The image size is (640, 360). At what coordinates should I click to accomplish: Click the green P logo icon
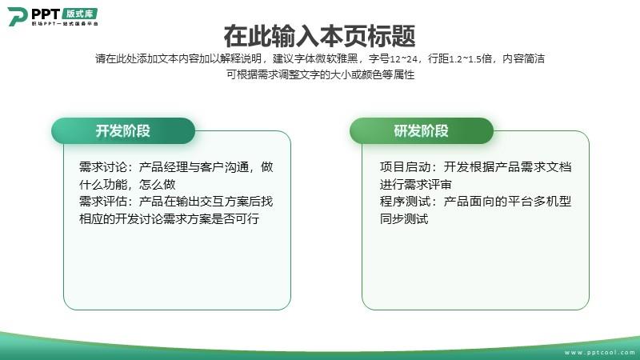(17, 17)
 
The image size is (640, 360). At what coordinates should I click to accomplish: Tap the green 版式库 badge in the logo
(80, 14)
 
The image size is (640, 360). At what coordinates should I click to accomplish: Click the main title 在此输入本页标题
(319, 36)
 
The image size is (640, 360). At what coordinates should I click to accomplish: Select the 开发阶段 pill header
(123, 131)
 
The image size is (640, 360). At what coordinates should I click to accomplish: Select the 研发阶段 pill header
(422, 131)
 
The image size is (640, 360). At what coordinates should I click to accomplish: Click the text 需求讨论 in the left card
(103, 167)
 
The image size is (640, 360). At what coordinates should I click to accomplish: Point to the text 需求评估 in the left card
(103, 202)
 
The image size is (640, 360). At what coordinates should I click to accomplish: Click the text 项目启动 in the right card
(404, 167)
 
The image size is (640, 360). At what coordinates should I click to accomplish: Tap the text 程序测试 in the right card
(404, 202)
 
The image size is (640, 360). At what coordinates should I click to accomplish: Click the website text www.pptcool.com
(599, 352)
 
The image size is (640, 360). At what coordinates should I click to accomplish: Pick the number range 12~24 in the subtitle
(404, 59)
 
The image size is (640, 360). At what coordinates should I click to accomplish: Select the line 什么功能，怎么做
(127, 185)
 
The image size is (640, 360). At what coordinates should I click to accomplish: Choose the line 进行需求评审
(415, 185)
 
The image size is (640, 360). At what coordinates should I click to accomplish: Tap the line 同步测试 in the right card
(404, 218)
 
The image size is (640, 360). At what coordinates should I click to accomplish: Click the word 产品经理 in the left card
(164, 167)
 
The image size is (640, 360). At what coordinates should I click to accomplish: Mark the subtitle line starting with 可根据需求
(321, 74)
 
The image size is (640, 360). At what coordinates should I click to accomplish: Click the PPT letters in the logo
(46, 14)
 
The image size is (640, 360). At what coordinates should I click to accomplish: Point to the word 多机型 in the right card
(553, 202)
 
